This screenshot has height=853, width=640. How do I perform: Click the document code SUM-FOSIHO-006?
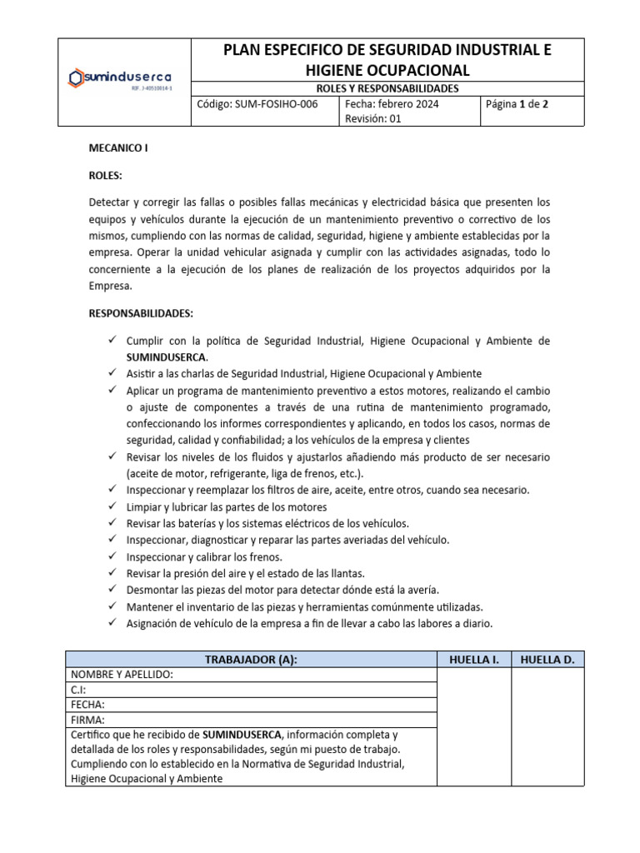tap(257, 104)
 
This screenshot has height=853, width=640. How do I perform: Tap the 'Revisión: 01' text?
tap(373, 119)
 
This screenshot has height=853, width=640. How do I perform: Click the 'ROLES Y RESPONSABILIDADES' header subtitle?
tap(387, 87)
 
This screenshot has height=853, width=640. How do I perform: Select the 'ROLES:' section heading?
tap(105, 176)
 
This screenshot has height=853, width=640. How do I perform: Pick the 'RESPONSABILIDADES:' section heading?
tap(140, 313)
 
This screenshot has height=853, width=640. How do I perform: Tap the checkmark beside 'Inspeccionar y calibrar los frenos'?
tap(112, 556)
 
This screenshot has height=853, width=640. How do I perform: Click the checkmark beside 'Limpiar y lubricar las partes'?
tap(112, 506)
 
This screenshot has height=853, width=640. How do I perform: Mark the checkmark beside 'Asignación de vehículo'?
tap(112, 623)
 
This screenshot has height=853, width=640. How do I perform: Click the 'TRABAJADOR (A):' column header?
tap(251, 660)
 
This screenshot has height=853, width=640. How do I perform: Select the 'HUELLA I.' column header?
tap(474, 660)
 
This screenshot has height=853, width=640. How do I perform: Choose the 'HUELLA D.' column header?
tap(547, 660)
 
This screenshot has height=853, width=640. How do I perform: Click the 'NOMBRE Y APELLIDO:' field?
tap(122, 675)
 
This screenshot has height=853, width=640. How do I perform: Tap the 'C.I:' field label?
tap(78, 690)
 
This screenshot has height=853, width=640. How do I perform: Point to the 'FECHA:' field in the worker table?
tap(87, 705)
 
